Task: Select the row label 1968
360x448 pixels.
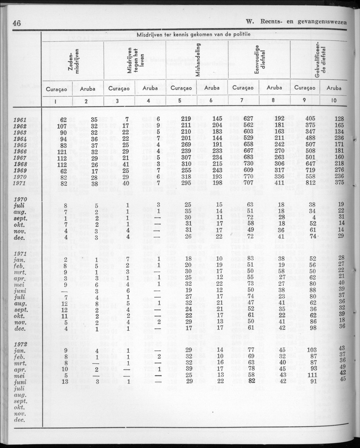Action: (x=20, y=163)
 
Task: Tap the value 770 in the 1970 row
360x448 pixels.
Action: (x=248, y=176)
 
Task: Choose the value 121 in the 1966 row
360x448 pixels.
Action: (x=61, y=151)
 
